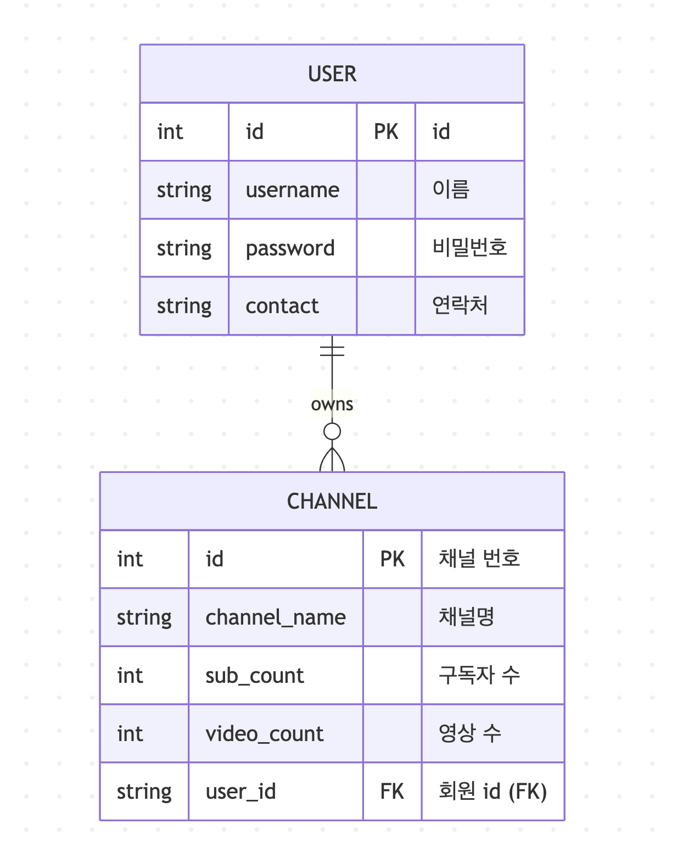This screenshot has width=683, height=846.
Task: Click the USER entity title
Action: point(332,74)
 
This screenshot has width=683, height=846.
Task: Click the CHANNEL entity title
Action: point(332,501)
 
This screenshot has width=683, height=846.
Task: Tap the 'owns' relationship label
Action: point(332,404)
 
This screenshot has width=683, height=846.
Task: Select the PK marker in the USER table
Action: point(386,132)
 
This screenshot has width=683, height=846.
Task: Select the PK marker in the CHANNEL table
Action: point(392,559)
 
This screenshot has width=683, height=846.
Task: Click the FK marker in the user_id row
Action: point(392,792)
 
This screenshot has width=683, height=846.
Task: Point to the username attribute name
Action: point(292,190)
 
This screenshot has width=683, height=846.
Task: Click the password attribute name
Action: point(290,248)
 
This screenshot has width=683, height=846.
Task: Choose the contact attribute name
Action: point(282,306)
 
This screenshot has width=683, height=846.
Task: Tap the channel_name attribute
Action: point(276,617)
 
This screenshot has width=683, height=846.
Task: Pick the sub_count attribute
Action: point(255,676)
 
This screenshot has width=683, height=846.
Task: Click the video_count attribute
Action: point(265,734)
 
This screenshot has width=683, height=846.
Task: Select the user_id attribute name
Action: point(240,792)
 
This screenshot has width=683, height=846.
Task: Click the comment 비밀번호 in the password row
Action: point(469,248)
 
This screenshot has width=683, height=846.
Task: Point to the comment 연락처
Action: point(460,305)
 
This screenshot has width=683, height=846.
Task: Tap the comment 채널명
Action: point(466,617)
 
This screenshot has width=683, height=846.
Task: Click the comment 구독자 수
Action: point(479,675)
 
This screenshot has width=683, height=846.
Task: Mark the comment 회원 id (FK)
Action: point(492,792)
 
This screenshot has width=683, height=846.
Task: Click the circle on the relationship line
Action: point(332,432)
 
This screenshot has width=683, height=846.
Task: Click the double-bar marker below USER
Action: point(332,350)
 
